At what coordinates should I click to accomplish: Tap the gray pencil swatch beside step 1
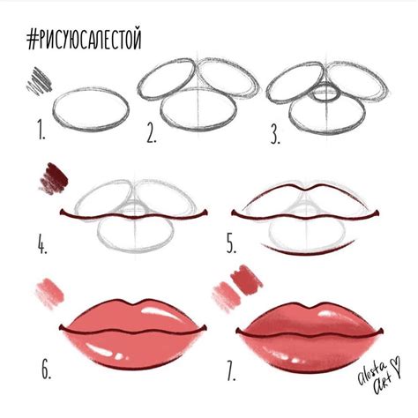pos(41,81)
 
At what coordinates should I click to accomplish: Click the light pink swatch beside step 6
pos(49,290)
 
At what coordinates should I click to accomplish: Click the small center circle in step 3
pos(325,91)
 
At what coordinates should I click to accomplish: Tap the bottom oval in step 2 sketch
pos(199,111)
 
